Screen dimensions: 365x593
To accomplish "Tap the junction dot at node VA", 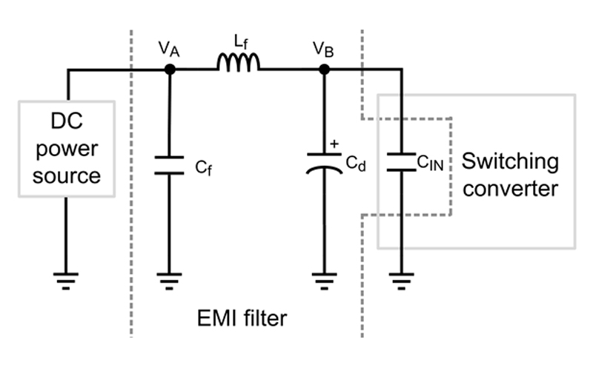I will coord(170,70).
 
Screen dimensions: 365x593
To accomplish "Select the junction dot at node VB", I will coord(324,70).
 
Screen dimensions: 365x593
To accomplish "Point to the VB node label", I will coord(324,49).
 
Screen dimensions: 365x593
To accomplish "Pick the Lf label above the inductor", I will coord(238,42).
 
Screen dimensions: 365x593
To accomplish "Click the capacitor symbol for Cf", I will coord(170,165).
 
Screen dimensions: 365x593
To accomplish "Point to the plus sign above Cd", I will coord(336,144).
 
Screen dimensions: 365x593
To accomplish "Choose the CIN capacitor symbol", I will coord(401,161).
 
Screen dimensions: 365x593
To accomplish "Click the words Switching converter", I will coord(510,174).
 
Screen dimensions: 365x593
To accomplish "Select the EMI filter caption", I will coord(242,319).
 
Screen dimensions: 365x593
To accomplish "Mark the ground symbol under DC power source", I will coord(66,279).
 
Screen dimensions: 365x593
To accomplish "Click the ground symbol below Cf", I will coord(170,279).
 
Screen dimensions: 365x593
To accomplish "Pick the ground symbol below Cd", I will coord(324,279).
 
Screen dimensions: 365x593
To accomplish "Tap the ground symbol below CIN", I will coord(401,279).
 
